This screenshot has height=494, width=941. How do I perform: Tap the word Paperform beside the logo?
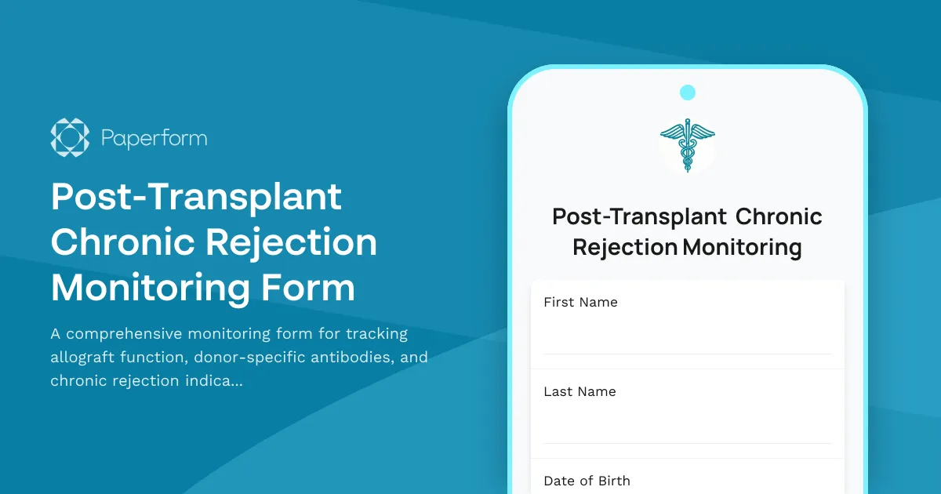click(x=154, y=139)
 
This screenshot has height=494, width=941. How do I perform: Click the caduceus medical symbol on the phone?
click(x=688, y=144)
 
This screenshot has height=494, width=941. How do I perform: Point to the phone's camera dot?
click(x=688, y=93)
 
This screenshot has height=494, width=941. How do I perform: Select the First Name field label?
click(x=580, y=303)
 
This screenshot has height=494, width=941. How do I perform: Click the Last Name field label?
click(x=579, y=392)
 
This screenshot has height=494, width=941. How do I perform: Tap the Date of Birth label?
click(x=587, y=481)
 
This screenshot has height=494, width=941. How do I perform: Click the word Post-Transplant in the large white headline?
click(x=196, y=198)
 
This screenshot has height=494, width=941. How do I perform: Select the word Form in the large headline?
click(x=312, y=288)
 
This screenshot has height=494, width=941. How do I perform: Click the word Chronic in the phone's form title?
click(x=779, y=216)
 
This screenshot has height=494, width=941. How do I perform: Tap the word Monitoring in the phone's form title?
click(x=742, y=248)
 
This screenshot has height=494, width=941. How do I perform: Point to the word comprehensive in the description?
click(x=122, y=334)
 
